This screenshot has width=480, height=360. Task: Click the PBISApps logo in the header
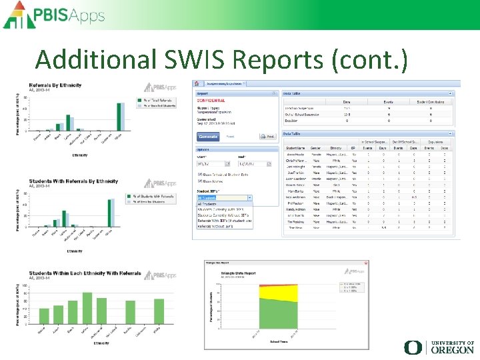click(59, 15)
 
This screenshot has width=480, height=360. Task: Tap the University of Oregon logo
click(439, 347)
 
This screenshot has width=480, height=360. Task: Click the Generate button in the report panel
click(208, 137)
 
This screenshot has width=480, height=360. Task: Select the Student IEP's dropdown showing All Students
click(224, 197)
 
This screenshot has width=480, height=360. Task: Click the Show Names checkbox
click(199, 181)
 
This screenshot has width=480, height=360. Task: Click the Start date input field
click(213, 163)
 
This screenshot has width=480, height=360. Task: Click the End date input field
click(256, 163)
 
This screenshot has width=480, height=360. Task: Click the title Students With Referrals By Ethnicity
click(73, 181)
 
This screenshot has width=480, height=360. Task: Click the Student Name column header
click(296, 148)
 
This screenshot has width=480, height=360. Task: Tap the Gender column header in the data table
click(316, 148)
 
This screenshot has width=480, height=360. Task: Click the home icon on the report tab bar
click(196, 83)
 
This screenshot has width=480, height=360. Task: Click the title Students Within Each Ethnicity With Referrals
click(85, 274)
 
